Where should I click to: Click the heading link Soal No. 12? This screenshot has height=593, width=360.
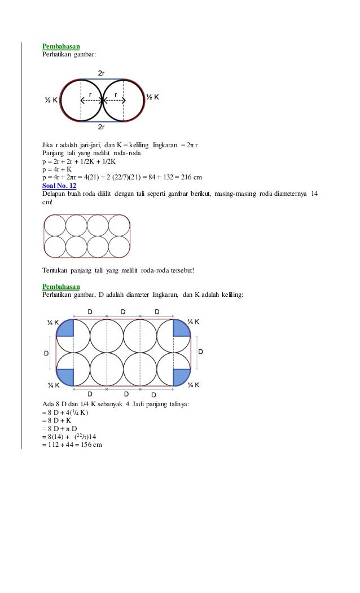click(59, 185)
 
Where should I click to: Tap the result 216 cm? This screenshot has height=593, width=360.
click(192, 177)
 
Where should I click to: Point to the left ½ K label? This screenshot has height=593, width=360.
click(51, 100)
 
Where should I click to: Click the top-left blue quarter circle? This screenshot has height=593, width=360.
click(67, 328)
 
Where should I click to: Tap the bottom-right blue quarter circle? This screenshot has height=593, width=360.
click(181, 376)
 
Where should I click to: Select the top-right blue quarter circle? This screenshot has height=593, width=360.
click(181, 328)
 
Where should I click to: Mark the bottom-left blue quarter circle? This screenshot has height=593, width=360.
click(67, 376)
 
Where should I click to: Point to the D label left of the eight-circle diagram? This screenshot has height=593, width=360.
click(46, 353)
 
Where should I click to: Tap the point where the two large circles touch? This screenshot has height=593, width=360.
click(102, 101)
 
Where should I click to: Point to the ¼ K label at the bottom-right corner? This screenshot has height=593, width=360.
click(194, 385)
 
